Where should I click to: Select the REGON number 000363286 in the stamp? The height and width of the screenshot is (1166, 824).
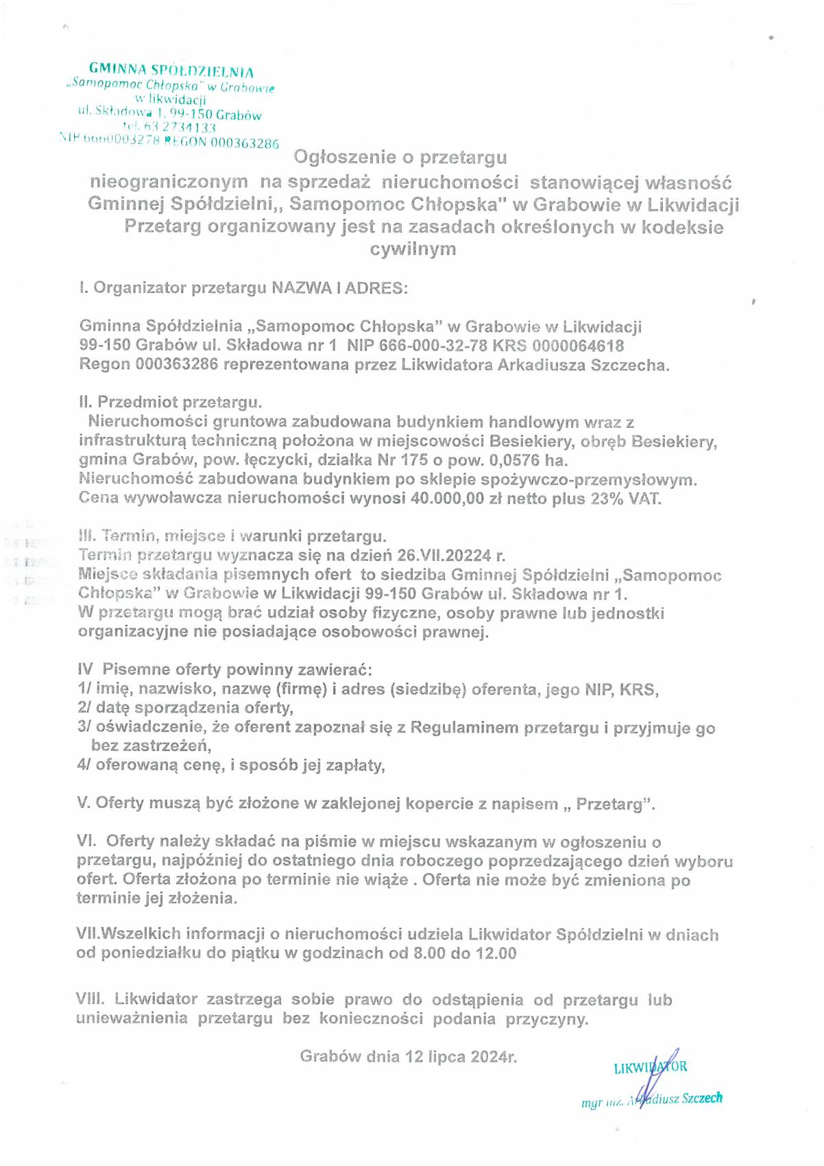(245, 143)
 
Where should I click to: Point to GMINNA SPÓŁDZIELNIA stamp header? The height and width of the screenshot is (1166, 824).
(171, 70)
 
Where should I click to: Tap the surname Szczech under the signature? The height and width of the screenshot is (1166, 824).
(702, 1098)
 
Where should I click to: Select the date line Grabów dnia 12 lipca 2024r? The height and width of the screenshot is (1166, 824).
(409, 1056)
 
